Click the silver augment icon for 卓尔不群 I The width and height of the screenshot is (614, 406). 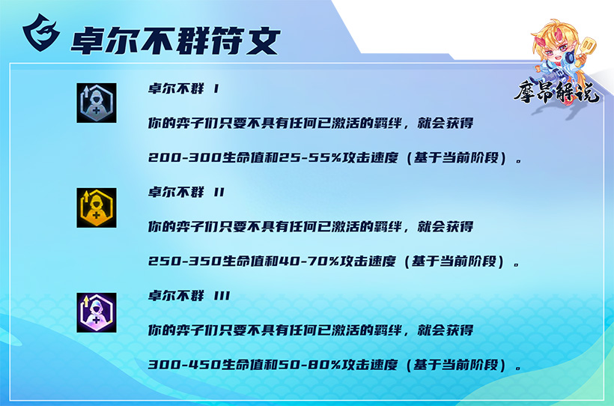(97, 103)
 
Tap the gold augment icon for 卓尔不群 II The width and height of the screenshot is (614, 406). (97, 207)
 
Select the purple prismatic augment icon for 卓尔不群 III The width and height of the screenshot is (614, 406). (97, 312)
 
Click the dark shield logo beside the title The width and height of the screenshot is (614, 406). (41, 32)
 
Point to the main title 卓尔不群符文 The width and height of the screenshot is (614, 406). (175, 40)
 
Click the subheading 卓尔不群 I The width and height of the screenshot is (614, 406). (183, 88)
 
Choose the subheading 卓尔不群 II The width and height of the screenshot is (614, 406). (186, 192)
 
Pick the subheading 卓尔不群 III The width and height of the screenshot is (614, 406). (189, 295)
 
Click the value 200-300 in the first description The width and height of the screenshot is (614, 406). (185, 157)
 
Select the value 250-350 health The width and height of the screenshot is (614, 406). (185, 261)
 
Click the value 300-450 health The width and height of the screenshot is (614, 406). (185, 365)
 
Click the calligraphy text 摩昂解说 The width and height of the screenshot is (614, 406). (556, 92)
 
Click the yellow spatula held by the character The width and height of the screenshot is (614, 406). (587, 47)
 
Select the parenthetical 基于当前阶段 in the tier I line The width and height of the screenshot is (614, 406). (456, 157)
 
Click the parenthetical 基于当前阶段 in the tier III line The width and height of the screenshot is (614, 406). (456, 365)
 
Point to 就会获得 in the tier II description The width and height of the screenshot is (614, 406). (446, 226)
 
